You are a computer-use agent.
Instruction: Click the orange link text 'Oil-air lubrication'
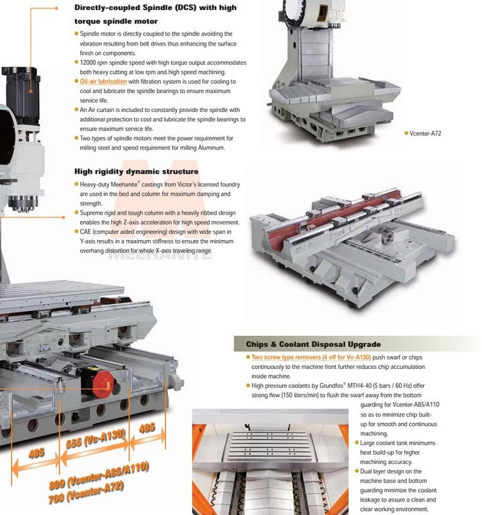point(103,81)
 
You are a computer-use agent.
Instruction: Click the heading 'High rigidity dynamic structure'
point(136,172)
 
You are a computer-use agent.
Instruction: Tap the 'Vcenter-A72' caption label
point(425,133)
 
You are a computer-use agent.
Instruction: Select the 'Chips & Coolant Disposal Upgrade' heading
point(313,344)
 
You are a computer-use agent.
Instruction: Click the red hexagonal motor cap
point(103,383)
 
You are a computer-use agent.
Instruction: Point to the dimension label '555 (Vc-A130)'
point(96,438)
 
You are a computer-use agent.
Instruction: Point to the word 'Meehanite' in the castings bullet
point(124,184)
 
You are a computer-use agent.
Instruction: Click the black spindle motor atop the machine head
point(22,95)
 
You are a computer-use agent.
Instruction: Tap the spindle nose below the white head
point(23,204)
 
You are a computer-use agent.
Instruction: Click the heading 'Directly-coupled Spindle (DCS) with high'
point(156,7)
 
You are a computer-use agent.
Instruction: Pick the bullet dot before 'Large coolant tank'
point(357,443)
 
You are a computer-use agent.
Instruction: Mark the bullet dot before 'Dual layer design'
point(357,471)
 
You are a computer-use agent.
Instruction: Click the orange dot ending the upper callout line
point(56,8)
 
